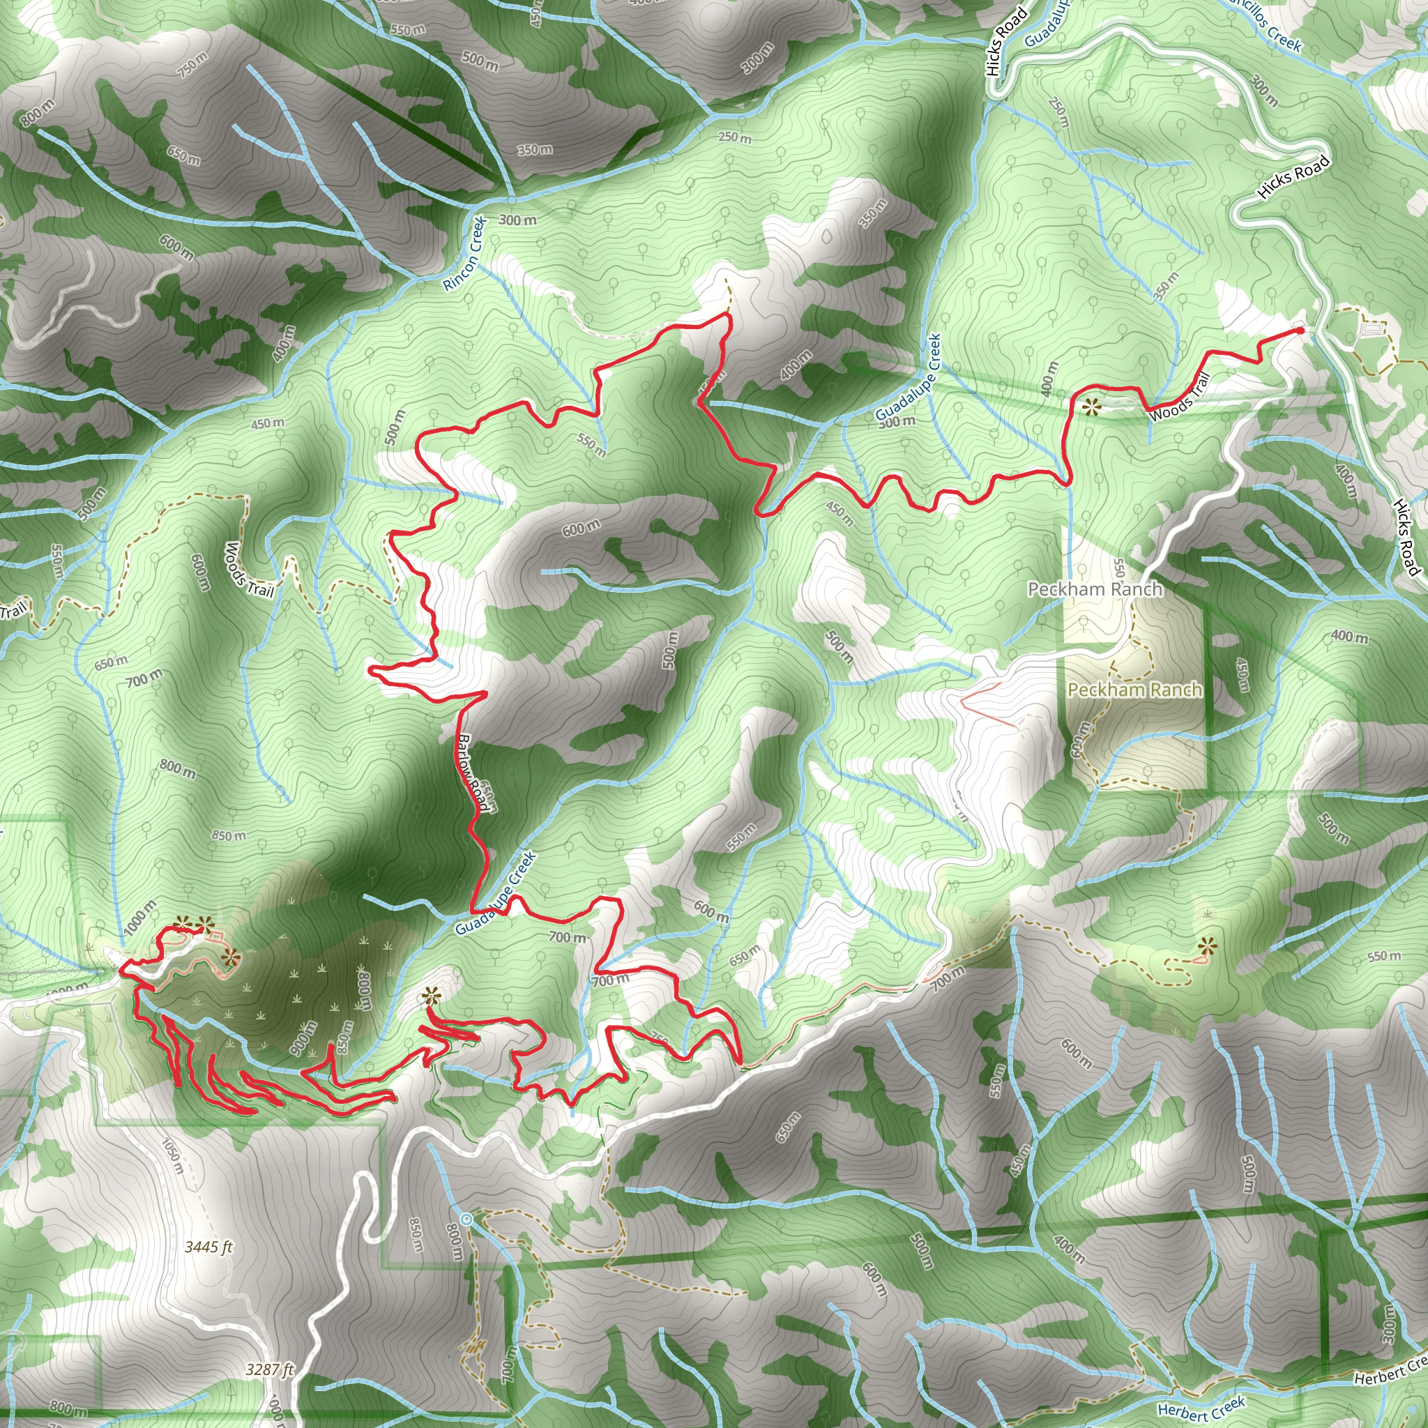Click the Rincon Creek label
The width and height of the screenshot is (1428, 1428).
[x=465, y=254]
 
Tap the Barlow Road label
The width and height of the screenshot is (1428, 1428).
[x=473, y=773]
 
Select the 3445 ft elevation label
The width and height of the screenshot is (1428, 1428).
[x=208, y=1246]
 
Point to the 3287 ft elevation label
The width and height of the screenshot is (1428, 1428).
[x=270, y=1369]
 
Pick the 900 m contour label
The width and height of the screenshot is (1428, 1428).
[x=305, y=1036]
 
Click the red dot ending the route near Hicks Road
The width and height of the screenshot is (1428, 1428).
[x=1300, y=331]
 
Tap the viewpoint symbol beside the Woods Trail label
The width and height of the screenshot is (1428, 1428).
[x=1090, y=406]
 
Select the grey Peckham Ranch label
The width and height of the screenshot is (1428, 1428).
[x=1095, y=589]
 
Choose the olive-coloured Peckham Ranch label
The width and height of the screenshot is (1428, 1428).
[x=1134, y=690]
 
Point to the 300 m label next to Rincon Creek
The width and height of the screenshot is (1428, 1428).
[x=517, y=220]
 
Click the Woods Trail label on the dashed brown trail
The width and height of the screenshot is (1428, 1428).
[x=249, y=569]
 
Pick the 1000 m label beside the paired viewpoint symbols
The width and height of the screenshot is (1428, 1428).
[x=139, y=916]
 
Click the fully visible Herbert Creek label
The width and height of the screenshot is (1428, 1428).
[x=1201, y=1407]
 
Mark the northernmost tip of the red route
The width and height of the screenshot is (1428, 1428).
[x=726, y=315]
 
